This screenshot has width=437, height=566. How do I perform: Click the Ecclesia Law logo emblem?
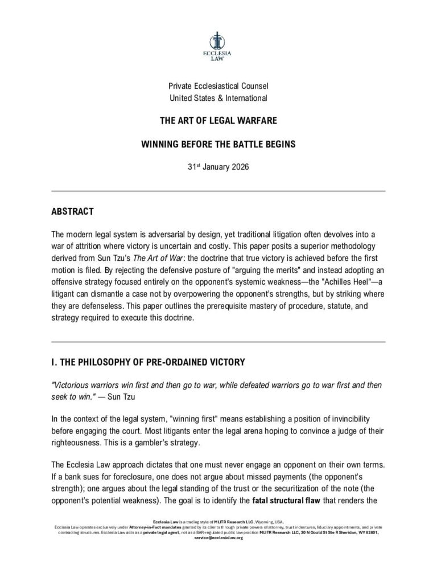pos(218,40)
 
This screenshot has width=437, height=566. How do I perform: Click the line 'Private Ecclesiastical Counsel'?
pos(218,86)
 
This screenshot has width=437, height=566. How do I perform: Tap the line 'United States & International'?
pos(218,98)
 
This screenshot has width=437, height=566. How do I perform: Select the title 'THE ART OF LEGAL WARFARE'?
pos(218,121)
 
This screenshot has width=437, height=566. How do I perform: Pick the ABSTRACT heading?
pos(72,212)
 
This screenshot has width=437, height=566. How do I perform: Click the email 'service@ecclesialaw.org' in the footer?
pos(218,537)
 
